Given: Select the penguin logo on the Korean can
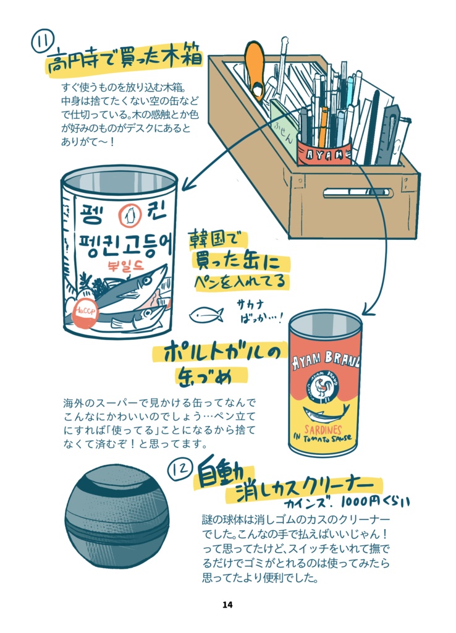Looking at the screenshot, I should click(x=129, y=216).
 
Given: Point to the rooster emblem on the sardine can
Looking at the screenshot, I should click(x=326, y=390).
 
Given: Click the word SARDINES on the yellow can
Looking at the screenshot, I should click(x=323, y=428).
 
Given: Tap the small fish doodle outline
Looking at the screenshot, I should click(x=206, y=315).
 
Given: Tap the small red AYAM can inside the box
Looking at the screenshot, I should click(x=323, y=153).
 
